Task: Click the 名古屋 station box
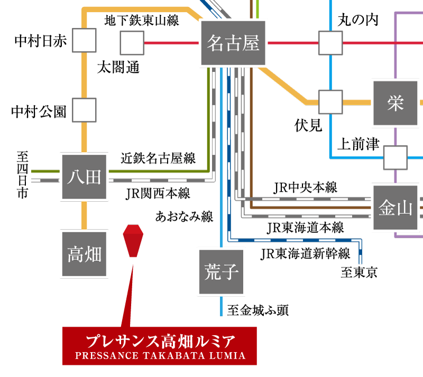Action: coord(233,43)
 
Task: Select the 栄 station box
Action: coord(395,103)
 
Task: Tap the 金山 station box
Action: coord(395,208)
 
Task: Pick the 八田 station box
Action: coord(84,177)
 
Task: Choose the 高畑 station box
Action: coord(84,254)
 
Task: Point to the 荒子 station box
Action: coord(221,271)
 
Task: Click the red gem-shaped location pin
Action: coord(133,241)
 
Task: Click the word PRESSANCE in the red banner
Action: coord(107,356)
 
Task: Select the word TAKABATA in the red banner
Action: coord(171,356)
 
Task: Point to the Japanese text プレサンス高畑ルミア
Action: coord(160,340)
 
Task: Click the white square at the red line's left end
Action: coord(132,43)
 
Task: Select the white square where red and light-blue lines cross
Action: coord(330,43)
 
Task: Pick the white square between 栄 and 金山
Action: coord(395,157)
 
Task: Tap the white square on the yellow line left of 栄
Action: coord(330,102)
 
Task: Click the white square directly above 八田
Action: coord(84,110)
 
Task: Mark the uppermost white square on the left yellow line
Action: coord(84,40)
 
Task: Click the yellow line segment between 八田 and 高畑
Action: coord(84,215)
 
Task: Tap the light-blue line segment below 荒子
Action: coord(221,306)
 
